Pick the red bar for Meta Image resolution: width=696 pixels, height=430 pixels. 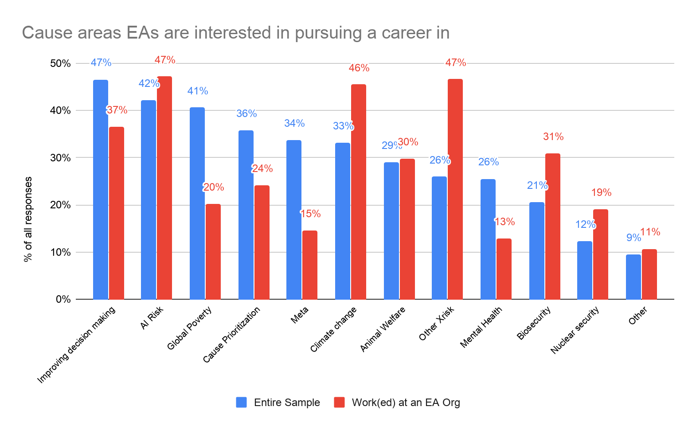click(310, 265)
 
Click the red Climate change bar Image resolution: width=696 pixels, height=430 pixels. click(359, 192)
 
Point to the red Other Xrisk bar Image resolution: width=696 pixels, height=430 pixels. click(455, 189)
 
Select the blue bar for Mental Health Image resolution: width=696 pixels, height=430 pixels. click(488, 239)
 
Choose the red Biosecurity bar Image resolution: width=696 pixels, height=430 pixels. click(553, 226)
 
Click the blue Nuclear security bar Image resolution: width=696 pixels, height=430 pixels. click(585, 270)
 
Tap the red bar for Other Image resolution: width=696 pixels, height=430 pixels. click(649, 274)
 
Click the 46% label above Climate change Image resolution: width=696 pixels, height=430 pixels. click(359, 68)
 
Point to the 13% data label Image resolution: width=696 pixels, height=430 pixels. click(504, 222)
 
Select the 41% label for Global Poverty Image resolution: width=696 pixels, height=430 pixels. click(197, 91)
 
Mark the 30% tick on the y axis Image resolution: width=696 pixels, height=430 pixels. click(60, 158)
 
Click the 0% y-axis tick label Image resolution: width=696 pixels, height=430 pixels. click(63, 300)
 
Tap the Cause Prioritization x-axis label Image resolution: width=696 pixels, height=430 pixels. click(231, 335)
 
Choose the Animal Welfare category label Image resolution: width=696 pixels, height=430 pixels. click(383, 329)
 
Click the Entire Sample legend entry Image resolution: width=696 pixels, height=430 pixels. click(278, 403)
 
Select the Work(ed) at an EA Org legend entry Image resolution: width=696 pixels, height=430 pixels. click(397, 403)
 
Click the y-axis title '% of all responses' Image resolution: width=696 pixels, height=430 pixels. click(28, 219)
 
